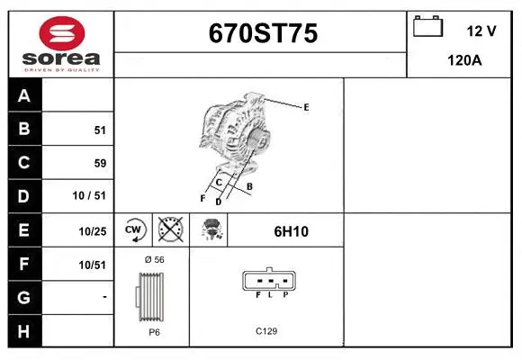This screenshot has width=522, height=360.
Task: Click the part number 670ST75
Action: click(263, 33)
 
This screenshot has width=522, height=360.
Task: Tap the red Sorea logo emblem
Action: click(62, 33)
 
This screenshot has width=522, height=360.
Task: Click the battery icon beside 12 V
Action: click(427, 26)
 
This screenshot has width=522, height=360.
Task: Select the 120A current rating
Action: click(464, 60)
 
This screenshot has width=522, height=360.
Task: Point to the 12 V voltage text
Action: click(481, 31)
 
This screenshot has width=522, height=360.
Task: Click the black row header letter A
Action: click(24, 96)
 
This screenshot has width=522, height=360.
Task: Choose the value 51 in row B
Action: click(100, 130)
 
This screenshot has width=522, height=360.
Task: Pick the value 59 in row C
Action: click(100, 163)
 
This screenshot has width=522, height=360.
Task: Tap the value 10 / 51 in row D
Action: click(89, 195)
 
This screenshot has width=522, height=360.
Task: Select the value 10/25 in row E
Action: click(92, 231)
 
